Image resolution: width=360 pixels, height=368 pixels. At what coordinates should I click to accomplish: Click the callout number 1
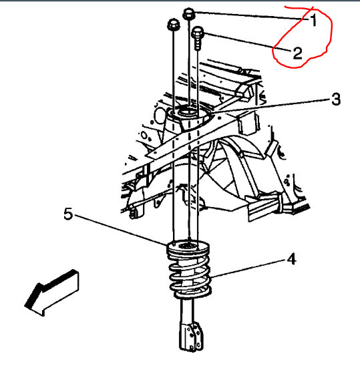coord(313,20)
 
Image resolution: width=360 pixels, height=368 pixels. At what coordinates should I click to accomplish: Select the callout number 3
coord(336,100)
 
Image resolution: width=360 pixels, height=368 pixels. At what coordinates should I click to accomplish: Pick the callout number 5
coord(67,215)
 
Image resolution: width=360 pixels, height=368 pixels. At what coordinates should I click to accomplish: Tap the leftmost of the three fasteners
coord(171,25)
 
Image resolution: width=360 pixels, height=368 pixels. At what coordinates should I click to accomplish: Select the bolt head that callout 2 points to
coord(198,31)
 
